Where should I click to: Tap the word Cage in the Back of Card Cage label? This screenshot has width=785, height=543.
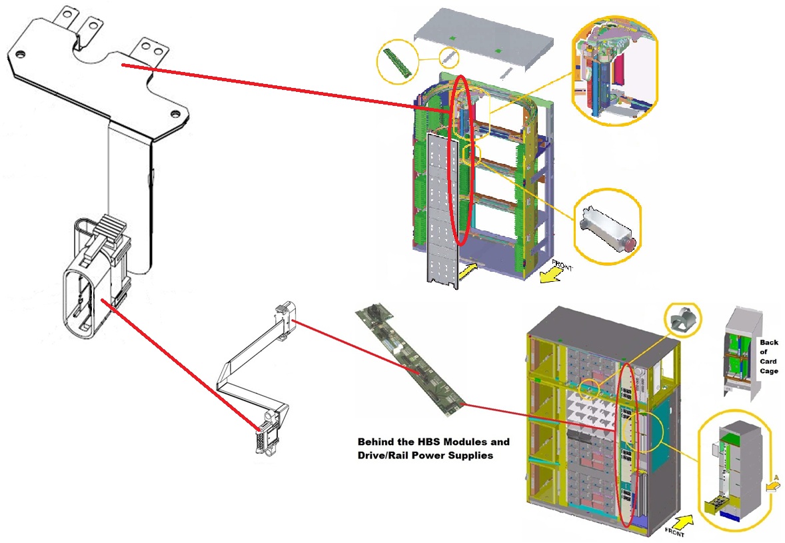pyautogui.click(x=768, y=370)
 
